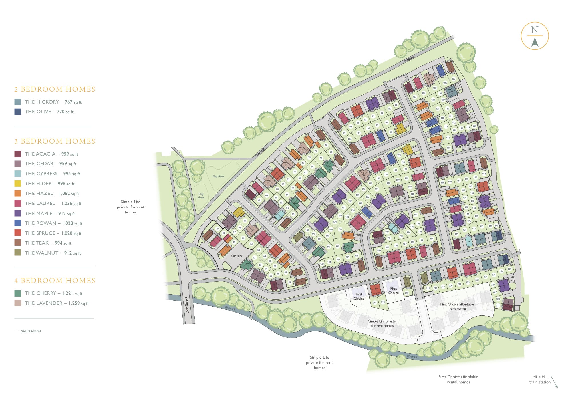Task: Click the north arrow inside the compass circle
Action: click(535, 42)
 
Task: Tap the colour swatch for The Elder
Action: click(17, 184)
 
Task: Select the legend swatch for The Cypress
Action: click(17, 174)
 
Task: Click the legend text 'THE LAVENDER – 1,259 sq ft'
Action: click(57, 303)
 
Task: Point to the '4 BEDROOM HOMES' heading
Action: click(55, 281)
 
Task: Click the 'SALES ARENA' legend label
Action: click(31, 331)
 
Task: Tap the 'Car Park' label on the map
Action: click(237, 256)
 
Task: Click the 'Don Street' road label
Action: click(187, 305)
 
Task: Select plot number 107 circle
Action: click(454, 79)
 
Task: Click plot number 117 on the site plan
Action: click(449, 148)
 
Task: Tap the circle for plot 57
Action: click(289, 282)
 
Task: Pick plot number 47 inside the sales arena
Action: click(217, 229)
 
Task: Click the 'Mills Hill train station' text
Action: click(540, 379)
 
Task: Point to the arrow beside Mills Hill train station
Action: click(554, 382)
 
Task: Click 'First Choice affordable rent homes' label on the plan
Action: click(457, 306)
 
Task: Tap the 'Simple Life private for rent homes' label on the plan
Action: click(382, 323)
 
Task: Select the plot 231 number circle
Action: click(498, 305)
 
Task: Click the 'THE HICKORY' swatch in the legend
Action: click(17, 102)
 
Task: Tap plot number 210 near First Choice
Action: click(407, 293)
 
